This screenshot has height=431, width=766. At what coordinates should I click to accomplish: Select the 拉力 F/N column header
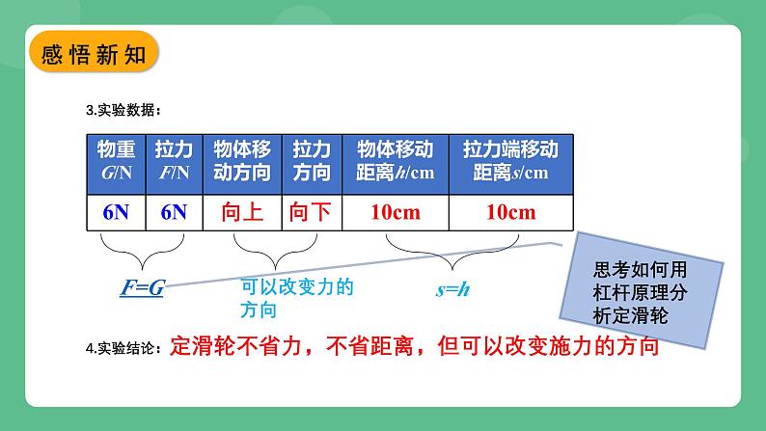coord(174,161)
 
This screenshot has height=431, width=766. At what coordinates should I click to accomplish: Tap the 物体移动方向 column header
coord(241,161)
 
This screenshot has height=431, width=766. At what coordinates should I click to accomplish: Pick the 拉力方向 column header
coord(311,161)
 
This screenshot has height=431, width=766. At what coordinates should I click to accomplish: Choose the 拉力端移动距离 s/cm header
coord(510,161)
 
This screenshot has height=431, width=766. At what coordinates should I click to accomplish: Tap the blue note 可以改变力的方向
coord(285,298)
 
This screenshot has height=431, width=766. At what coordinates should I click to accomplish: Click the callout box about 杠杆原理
coord(640,281)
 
